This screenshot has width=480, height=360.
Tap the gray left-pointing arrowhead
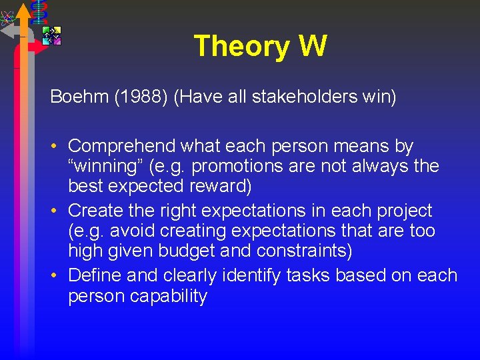coord(8,30)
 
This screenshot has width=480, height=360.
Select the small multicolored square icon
coord(51,35)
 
